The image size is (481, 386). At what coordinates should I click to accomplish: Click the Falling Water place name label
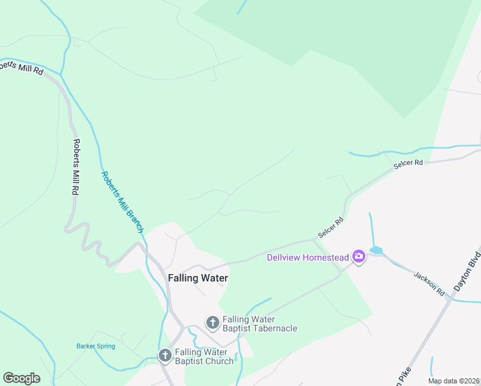pos(198,278)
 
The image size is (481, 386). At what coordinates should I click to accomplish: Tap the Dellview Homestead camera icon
pos(359,257)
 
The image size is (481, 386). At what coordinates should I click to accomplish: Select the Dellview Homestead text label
pos(308,258)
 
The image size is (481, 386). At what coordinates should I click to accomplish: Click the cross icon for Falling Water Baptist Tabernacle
pos(212,322)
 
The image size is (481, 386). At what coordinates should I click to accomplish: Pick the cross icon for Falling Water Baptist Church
pos(165,355)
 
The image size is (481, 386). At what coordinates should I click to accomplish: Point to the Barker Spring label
pos(96,346)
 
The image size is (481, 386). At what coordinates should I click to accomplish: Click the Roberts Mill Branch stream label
pos(122,202)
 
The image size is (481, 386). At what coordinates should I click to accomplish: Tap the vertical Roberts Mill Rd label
pos(76,167)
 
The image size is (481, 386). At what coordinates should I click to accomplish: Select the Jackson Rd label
pos(430,282)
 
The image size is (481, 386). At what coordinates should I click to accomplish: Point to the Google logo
pos(21,378)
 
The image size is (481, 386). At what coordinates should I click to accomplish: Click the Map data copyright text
pos(453,381)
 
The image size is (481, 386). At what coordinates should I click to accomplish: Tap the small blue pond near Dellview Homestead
pos(376,250)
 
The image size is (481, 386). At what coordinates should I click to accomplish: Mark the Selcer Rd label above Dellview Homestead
pos(331,227)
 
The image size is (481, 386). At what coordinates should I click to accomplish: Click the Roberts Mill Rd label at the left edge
pos(21,67)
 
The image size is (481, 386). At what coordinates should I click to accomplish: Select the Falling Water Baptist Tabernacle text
pos(260,324)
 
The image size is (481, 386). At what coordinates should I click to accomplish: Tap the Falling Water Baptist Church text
pos(204,356)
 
